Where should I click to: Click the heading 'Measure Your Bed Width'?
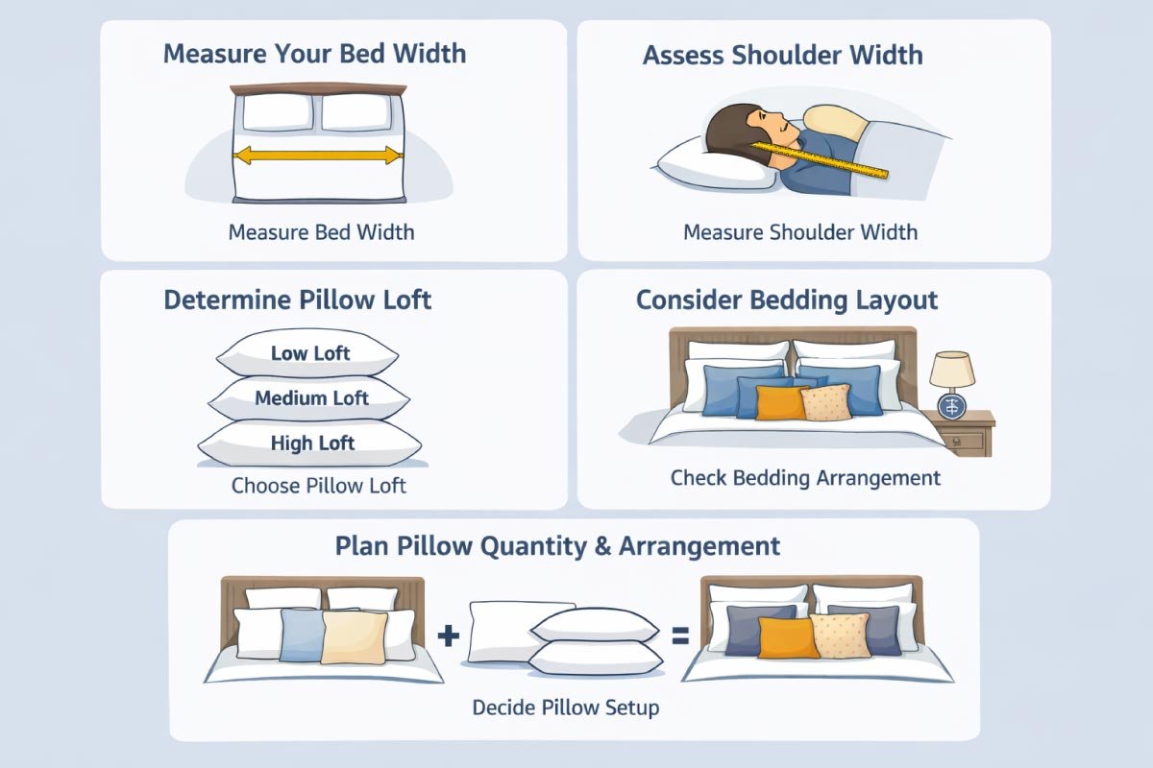point(314,53)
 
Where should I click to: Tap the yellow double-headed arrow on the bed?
point(318,155)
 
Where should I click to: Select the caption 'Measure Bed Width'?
point(321,232)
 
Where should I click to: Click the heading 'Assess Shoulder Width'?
point(782,55)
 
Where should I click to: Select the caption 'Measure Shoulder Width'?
point(799,232)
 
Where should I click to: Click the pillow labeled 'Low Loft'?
point(309,354)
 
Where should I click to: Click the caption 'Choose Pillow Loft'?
point(318,486)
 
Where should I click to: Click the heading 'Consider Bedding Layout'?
point(786,300)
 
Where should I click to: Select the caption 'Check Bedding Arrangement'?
point(805,477)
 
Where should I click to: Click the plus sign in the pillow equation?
point(448,636)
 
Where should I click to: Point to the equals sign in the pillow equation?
point(680,636)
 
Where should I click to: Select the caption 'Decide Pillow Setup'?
point(565,708)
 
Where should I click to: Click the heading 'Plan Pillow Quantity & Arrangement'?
point(557,546)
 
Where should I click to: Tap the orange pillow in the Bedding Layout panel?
point(779,403)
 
